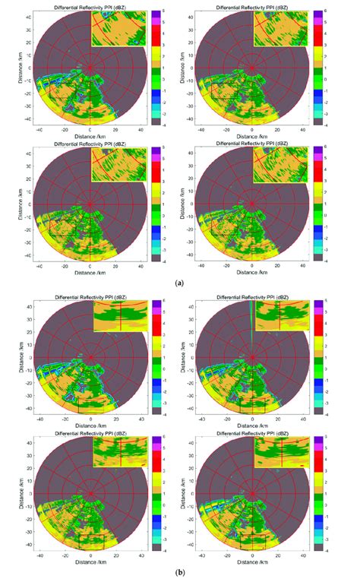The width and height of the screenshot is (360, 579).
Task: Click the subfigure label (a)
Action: tap(179, 282)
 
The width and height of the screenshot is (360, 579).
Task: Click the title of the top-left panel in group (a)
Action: tap(90, 7)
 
